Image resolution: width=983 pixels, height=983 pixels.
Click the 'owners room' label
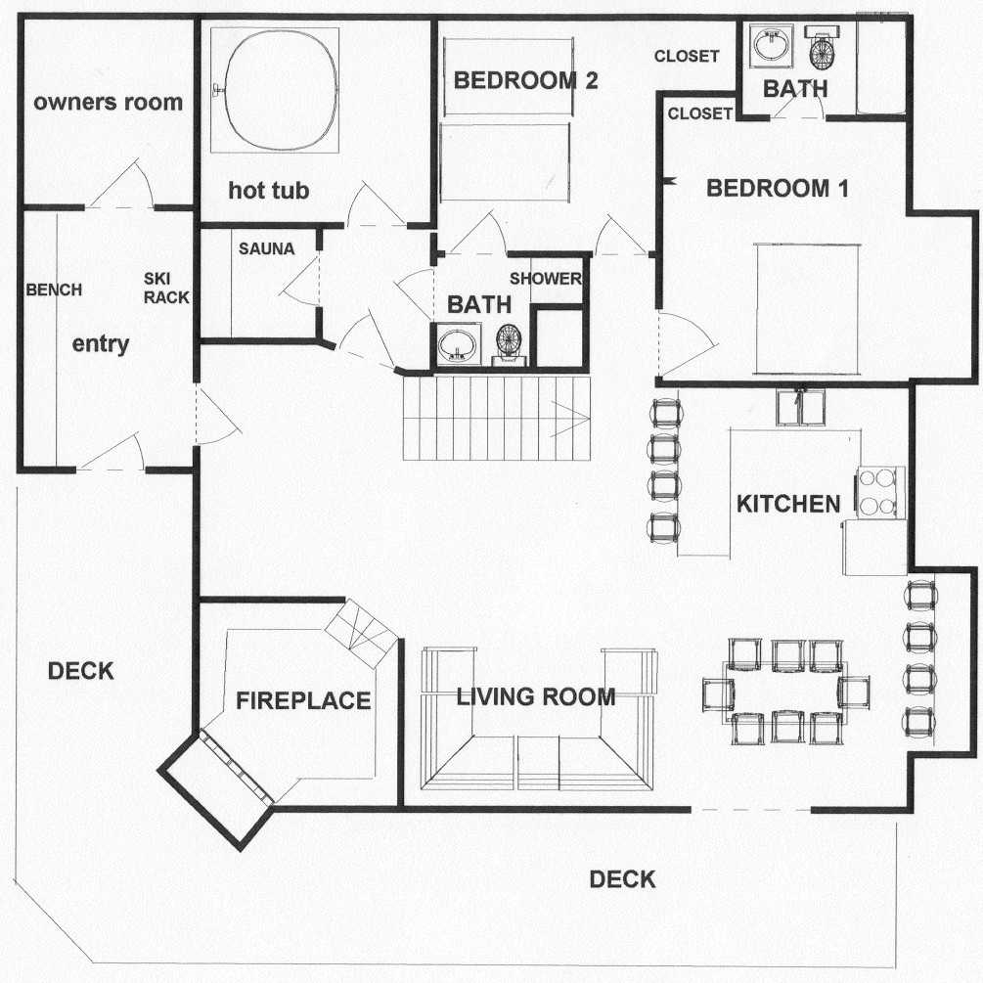coord(108,102)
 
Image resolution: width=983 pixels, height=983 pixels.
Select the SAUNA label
coord(266,248)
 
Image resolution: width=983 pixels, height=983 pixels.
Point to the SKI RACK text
coord(166,289)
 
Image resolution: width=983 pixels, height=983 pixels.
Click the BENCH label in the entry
coord(54,290)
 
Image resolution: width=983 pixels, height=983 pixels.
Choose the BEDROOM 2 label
coord(525,81)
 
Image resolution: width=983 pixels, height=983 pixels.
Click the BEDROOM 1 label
coord(778,188)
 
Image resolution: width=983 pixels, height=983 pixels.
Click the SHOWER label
coord(546,279)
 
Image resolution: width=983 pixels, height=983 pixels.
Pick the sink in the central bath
coord(456,344)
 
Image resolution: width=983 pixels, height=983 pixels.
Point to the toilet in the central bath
coord(508,344)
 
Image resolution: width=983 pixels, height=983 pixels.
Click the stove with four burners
coord(878,492)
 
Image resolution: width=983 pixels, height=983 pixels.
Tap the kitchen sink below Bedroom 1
coord(800,407)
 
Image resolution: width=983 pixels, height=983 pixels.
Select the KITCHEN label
coord(788,504)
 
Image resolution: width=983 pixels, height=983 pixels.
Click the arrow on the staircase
coord(570,419)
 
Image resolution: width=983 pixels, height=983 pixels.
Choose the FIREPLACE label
coord(303,701)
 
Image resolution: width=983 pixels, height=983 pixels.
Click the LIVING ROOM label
coord(536,696)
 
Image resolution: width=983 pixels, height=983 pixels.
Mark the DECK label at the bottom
coord(622,879)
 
